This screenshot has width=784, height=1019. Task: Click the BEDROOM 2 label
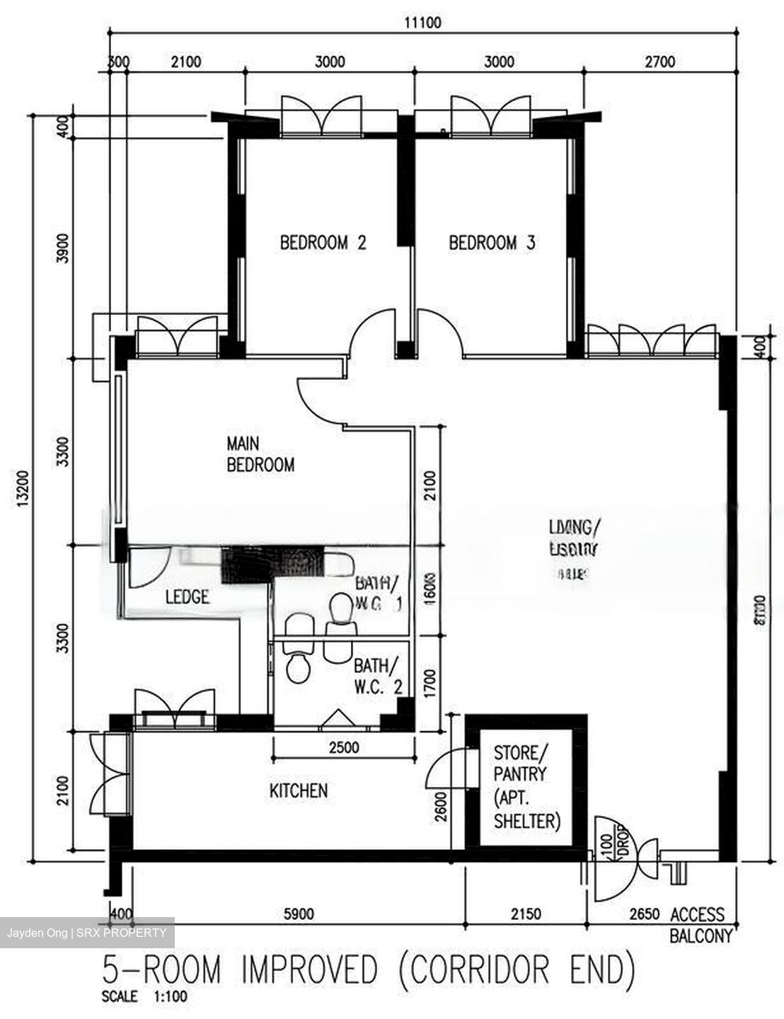[323, 243]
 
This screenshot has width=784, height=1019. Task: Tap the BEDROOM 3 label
[492, 243]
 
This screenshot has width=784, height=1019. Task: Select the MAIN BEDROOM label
[260, 454]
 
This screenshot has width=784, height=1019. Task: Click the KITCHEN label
[299, 790]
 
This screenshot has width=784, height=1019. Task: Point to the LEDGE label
[187, 597]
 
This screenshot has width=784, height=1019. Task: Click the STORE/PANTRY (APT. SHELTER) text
[527, 786]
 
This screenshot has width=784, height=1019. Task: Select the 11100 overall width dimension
[422, 23]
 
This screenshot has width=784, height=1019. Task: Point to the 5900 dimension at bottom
[297, 914]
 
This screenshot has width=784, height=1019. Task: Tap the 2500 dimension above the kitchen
[344, 747]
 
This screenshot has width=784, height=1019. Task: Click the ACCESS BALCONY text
[699, 925]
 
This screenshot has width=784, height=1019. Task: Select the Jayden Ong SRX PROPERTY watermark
[87, 933]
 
